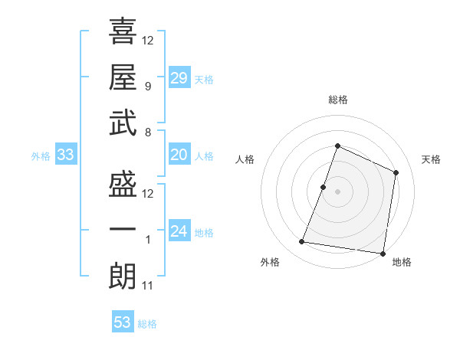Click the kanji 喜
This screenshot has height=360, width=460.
123,31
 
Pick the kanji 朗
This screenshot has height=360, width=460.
123,277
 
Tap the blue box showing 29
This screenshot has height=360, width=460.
179,77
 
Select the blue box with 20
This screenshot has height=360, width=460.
179,155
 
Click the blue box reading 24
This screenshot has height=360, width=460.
179,231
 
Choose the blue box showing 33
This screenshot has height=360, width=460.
66,155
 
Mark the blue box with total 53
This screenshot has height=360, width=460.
123,322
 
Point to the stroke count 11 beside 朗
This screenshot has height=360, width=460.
147,286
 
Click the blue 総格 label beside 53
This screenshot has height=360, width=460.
148,324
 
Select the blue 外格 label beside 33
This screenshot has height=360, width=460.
41,156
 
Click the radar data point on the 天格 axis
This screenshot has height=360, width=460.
396,172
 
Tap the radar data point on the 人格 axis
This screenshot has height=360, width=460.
324,187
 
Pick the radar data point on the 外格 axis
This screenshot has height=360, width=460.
302,242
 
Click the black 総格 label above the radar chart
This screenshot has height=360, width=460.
337,100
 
